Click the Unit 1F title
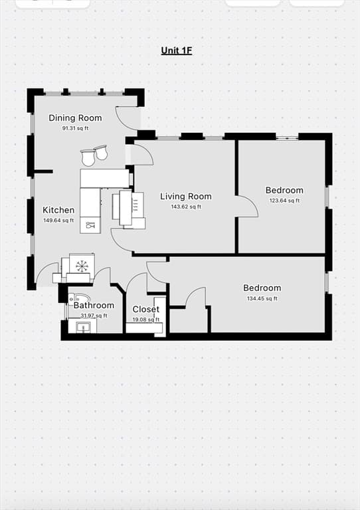point(177,50)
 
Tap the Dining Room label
point(75,118)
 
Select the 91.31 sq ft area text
point(75,128)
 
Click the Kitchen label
point(58,210)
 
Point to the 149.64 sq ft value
point(58,220)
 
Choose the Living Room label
point(186,197)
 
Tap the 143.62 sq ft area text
point(186,207)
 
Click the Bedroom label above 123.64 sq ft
point(284,191)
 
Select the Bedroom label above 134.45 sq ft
point(262,288)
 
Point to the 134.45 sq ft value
point(262,299)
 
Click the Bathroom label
point(94,305)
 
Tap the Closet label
point(146,309)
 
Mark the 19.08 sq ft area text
point(146,319)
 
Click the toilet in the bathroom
point(79,299)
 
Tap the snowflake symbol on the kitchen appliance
point(82,266)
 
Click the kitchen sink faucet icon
point(90,224)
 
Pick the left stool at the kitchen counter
point(88,158)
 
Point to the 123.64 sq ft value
point(284,201)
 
